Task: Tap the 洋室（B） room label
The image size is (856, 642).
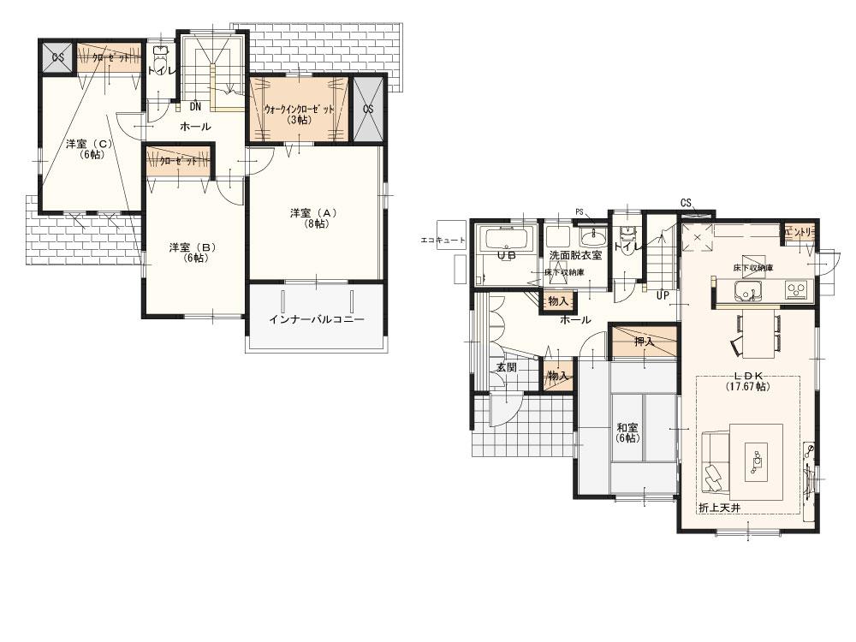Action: [192, 253]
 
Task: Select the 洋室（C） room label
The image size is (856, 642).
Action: [89, 149]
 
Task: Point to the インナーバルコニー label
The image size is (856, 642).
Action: [316, 319]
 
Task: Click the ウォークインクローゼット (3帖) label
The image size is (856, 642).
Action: [299, 114]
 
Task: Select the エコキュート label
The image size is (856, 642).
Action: [443, 241]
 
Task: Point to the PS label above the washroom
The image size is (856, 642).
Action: [579, 211]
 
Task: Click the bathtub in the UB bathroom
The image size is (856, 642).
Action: [507, 238]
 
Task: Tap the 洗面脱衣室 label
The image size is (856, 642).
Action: [575, 255]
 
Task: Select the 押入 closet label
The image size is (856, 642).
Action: [644, 342]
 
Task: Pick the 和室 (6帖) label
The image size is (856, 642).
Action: [627, 432]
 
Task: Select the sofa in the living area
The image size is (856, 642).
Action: [714, 462]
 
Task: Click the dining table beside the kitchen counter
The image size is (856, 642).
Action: [758, 334]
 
